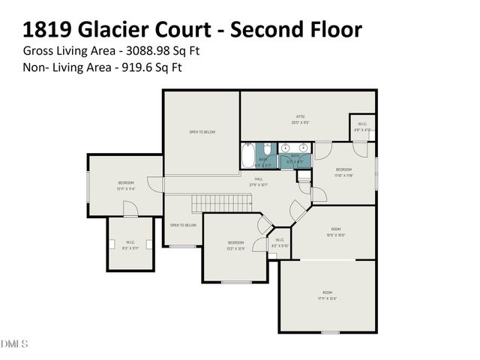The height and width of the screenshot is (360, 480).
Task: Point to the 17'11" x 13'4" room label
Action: point(327,295)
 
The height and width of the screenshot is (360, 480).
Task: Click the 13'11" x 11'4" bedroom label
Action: point(125,186)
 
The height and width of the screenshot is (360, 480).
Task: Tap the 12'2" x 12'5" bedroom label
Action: point(235,245)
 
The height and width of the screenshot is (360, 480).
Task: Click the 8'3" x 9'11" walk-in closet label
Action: point(130,244)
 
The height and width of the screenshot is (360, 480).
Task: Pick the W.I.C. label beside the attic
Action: point(361,127)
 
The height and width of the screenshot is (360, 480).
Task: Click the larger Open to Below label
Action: point(202,132)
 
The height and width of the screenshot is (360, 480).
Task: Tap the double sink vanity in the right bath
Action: point(295,147)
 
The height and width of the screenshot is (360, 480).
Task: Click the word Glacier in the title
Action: point(115,29)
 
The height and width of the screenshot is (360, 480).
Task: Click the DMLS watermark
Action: point(14,344)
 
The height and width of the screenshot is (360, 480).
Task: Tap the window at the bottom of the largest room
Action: point(330,332)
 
